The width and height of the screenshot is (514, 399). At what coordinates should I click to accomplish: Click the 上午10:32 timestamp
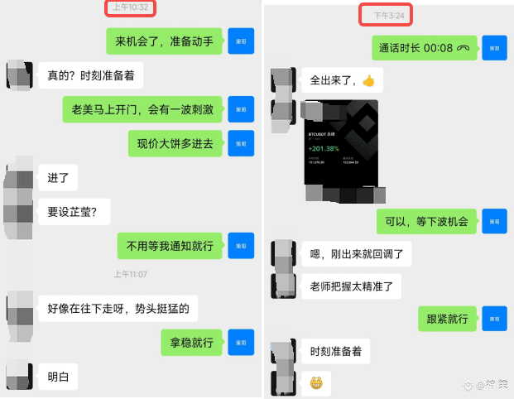pos(132,7)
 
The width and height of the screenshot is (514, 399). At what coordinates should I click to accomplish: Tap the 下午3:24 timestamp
pos(385,14)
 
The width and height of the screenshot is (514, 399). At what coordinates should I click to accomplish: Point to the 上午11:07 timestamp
pos(130,274)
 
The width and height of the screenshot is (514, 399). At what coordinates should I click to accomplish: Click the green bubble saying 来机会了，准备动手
pos(164,41)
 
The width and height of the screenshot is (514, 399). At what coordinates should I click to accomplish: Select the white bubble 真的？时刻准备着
pos(90,76)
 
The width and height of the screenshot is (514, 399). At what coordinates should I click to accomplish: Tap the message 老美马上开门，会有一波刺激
pos(142,109)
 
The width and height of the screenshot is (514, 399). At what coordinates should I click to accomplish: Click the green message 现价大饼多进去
pos(175,143)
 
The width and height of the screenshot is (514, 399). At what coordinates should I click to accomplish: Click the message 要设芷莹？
pos(73,211)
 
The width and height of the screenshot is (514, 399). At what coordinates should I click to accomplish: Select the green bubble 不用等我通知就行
pos(170,245)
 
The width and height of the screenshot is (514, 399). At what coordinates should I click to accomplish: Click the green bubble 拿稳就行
pos(190,342)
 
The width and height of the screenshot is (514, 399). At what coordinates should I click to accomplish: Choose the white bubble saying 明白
pos(59,377)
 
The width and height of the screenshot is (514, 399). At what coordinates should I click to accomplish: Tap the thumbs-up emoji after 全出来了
pos(368,81)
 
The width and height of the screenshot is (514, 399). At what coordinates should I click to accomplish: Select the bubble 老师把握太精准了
pos(356,286)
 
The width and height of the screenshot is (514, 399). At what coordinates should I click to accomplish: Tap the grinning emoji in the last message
pos(315,383)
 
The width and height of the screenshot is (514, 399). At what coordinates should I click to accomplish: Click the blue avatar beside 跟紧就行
pos(494,319)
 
